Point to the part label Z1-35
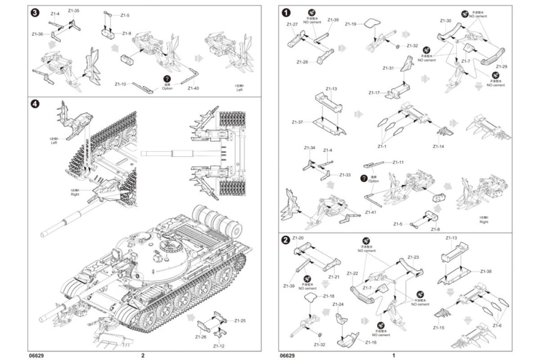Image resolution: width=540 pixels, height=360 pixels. point(74,10)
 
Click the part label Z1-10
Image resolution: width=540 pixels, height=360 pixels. point(120,84)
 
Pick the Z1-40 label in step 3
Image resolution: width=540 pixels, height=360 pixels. point(193,88)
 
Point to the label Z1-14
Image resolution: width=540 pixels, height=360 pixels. point(438,147)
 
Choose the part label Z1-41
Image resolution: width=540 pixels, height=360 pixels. point(372,212)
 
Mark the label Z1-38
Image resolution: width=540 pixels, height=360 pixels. point(486,271)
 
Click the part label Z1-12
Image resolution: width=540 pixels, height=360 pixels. point(219,346)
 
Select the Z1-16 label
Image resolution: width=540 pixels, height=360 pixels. point(371,342)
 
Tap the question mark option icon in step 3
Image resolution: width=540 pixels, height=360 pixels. point(167,79)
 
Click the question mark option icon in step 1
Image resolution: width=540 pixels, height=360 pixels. point(364,178)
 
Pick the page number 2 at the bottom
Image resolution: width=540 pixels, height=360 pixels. point(143,355)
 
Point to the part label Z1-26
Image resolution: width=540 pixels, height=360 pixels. point(200,337)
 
